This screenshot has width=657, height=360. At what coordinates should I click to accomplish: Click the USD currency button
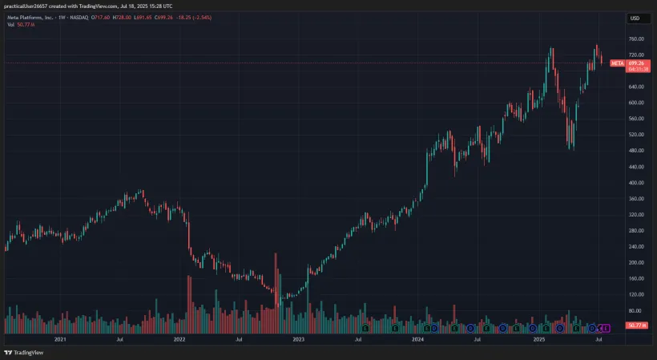(x=635, y=18)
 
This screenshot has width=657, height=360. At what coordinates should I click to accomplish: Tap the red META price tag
(x=618, y=63)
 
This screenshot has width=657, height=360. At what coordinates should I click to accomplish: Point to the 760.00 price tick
(x=637, y=38)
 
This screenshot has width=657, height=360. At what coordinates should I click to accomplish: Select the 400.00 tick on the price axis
(x=637, y=182)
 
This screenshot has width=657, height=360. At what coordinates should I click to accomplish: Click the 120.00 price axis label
(x=637, y=294)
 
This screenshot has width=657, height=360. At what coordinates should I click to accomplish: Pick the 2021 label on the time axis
(x=59, y=339)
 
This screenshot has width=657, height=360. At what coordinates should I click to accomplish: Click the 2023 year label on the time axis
(x=298, y=339)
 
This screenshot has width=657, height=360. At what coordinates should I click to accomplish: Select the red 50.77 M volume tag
(x=637, y=325)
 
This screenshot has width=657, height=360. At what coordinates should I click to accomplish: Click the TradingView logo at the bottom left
(x=24, y=352)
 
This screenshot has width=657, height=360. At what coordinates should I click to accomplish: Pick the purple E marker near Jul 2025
(x=606, y=328)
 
